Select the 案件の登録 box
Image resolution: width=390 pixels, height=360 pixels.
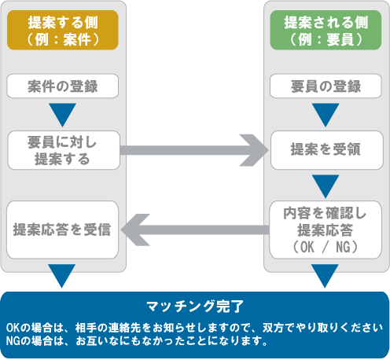[x=62, y=85]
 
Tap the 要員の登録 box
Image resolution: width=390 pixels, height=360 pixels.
[x=325, y=85]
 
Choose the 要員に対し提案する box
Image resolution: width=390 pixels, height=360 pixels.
[x=62, y=149]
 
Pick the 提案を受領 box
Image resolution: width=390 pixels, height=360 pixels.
[x=325, y=149]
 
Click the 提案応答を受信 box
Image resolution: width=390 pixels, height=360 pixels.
[x=62, y=230]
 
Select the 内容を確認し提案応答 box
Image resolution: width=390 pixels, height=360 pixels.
[x=325, y=230]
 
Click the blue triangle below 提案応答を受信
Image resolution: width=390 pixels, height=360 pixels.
[x=62, y=276]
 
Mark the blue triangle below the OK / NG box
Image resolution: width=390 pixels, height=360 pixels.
[x=325, y=276]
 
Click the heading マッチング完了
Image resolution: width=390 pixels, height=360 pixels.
[x=195, y=305]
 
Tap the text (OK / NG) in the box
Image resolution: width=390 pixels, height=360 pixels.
[x=325, y=247]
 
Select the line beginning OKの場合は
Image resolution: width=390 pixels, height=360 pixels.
[x=194, y=326]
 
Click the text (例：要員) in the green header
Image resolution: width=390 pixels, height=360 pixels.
[x=325, y=39]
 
